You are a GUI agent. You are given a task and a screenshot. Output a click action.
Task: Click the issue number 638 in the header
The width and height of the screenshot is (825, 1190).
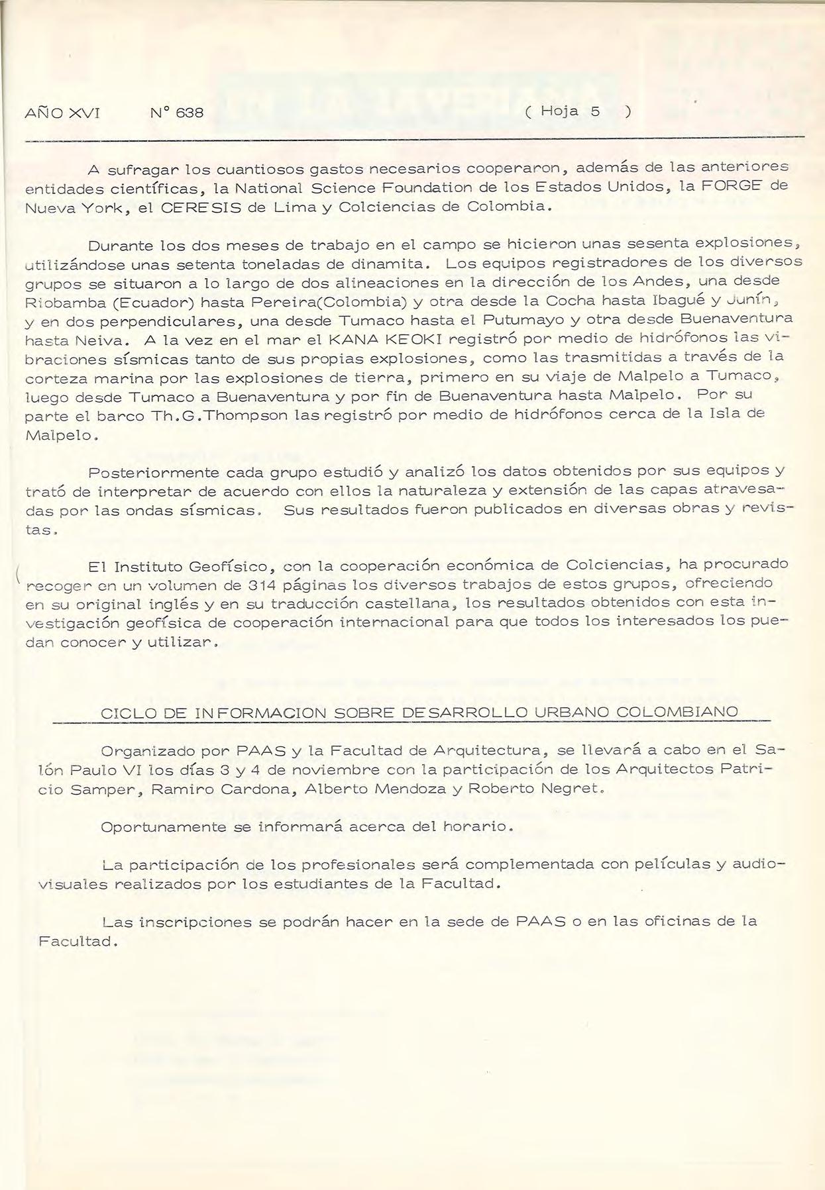click(190, 113)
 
